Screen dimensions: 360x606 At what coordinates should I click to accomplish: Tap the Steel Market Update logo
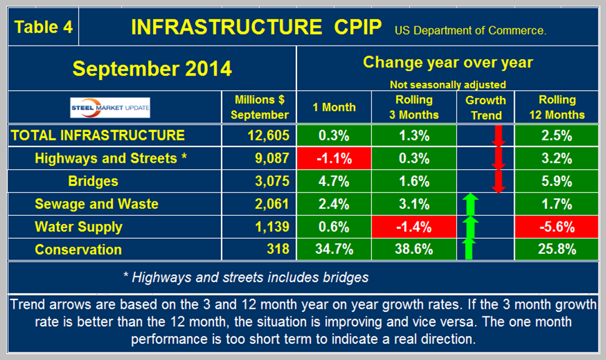[x=110, y=107]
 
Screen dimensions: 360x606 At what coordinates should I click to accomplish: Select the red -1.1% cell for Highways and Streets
[x=334, y=158]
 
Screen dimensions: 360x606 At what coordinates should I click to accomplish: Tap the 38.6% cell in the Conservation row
[x=409, y=250]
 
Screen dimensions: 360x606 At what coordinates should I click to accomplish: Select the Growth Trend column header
[x=486, y=107]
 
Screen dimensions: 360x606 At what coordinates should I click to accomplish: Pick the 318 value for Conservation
[x=278, y=250]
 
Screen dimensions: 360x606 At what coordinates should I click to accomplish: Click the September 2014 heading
[x=152, y=68]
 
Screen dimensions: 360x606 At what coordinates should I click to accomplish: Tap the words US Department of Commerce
[x=470, y=30]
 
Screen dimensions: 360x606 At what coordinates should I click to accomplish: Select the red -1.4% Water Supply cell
[x=409, y=227]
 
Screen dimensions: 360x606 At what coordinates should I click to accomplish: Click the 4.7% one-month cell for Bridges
[x=334, y=182]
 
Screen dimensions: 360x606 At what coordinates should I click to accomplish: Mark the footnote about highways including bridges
[x=246, y=276]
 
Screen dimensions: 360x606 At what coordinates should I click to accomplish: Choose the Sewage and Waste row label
[x=97, y=204]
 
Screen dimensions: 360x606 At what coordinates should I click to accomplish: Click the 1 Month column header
[x=334, y=107]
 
